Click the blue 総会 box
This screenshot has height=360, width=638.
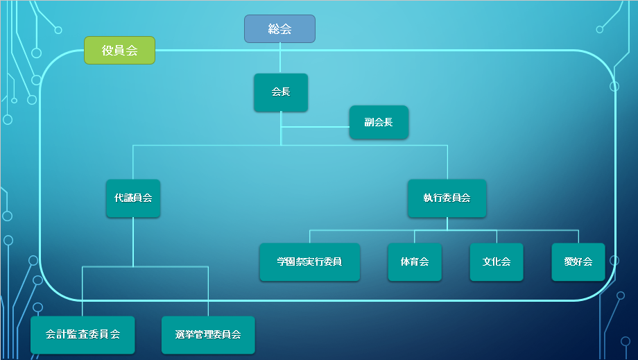click(x=279, y=29)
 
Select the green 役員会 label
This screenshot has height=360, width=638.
click(x=119, y=51)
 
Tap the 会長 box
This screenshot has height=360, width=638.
click(x=280, y=92)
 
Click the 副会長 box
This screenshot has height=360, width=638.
click(x=379, y=122)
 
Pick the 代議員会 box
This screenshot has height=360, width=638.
click(x=133, y=198)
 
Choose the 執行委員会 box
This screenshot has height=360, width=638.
click(x=447, y=198)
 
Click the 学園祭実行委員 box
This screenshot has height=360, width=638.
click(x=309, y=262)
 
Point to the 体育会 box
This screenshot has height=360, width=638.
click(x=415, y=262)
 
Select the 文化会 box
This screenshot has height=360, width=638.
click(x=497, y=262)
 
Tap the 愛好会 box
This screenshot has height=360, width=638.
click(x=578, y=262)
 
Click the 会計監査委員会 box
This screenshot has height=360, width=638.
click(x=83, y=335)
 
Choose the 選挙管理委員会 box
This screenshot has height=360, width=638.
click(x=208, y=335)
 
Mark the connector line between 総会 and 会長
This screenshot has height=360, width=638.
click(x=280, y=58)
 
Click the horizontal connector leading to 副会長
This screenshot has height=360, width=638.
click(x=316, y=128)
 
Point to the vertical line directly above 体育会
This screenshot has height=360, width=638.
click(x=415, y=237)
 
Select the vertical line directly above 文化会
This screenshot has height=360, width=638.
click(x=497, y=237)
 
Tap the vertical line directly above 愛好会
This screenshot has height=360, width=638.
click(x=578, y=237)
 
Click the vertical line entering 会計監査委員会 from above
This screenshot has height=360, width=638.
click(x=83, y=291)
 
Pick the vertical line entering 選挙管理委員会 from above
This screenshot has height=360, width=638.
click(x=208, y=291)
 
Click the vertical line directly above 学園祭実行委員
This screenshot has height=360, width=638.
click(x=309, y=237)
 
